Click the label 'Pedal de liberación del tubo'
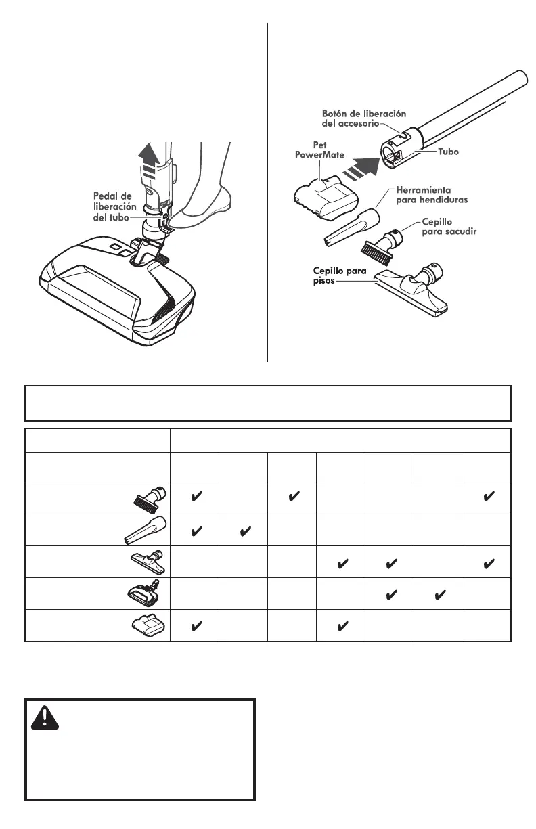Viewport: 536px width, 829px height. coord(115,206)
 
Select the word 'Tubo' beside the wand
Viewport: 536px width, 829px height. coord(447,152)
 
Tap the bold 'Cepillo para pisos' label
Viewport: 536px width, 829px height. coord(339,276)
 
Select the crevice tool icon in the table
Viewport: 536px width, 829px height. coord(141,530)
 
